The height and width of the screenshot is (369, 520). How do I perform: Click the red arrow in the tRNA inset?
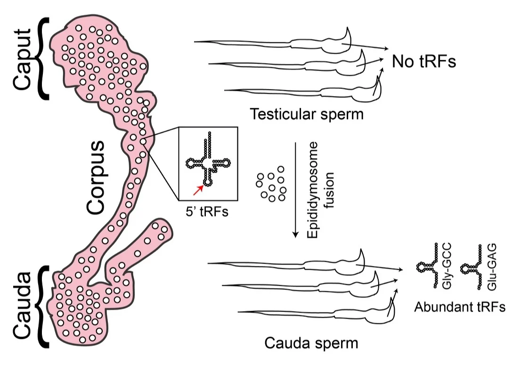pos(198,190)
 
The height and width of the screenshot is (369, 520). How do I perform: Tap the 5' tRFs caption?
pos(208,212)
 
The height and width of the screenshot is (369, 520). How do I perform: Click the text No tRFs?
pos(423,62)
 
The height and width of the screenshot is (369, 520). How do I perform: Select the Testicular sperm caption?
pos(307,114)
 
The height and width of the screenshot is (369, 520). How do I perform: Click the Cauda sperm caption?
pos(311,342)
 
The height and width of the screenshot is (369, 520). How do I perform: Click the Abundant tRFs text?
pos(460,307)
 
